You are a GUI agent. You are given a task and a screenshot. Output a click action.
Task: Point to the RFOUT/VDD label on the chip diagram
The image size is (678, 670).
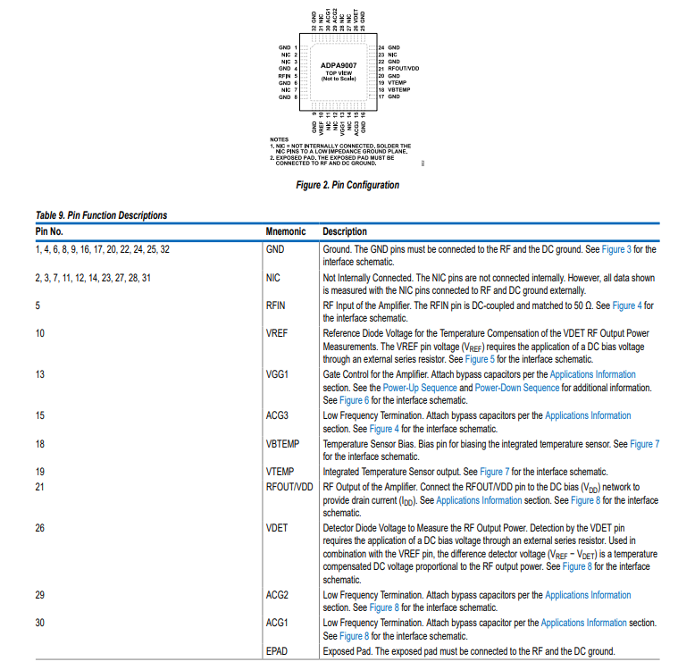tap(403, 69)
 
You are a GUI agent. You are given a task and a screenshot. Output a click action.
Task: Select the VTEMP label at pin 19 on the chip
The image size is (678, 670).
tap(397, 83)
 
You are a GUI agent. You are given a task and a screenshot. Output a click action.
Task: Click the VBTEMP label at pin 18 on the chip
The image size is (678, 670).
tap(398, 90)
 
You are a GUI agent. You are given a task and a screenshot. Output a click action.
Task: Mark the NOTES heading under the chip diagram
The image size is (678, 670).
tap(280, 139)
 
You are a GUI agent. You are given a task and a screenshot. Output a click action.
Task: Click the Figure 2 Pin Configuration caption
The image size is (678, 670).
tap(347, 185)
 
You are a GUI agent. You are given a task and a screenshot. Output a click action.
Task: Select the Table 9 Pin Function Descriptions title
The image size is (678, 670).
tap(101, 215)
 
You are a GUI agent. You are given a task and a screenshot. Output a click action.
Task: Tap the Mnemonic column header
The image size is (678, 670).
tap(286, 231)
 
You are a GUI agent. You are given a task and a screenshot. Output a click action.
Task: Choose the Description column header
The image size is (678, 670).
tap(345, 231)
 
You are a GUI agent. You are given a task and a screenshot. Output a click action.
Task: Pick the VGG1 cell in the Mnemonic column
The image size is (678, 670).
tap(277, 375)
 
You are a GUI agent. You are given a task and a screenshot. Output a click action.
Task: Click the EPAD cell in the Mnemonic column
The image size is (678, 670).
tap(277, 650)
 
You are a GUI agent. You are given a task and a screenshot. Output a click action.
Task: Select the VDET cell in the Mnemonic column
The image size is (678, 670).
tap(277, 528)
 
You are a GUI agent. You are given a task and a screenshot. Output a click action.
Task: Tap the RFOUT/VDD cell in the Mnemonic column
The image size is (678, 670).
tap(289, 487)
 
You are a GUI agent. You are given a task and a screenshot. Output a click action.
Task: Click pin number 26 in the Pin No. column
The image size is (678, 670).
tap(40, 528)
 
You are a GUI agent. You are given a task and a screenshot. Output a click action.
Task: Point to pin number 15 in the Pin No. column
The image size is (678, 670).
tap(40, 416)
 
